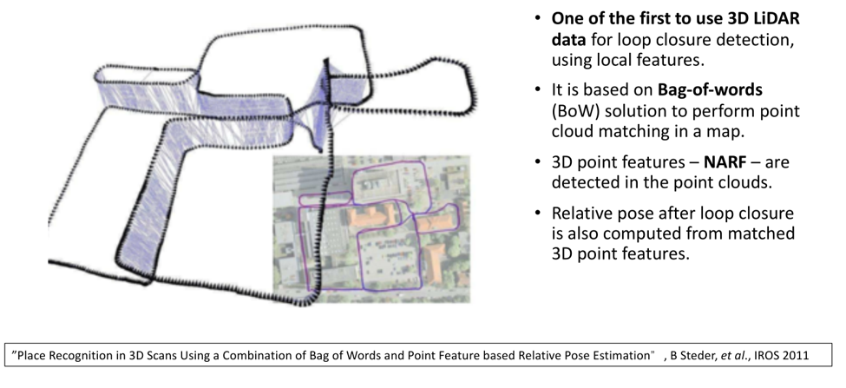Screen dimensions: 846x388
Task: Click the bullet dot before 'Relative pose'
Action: click(539, 213)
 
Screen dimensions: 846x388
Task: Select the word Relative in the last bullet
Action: click(583, 213)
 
